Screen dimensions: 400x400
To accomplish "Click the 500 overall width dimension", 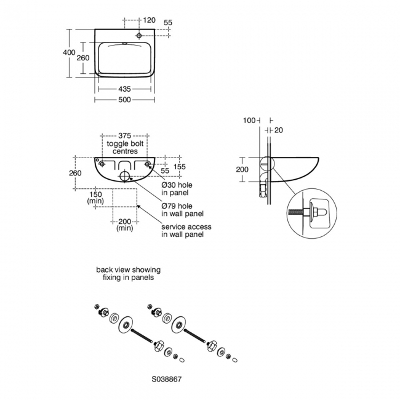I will (x=125, y=100).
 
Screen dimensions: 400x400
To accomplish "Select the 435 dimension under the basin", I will (x=125, y=89).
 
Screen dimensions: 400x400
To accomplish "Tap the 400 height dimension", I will (x=69, y=52).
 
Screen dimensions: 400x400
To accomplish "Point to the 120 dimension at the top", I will (x=149, y=20).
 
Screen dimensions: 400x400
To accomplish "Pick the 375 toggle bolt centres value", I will (x=125, y=136).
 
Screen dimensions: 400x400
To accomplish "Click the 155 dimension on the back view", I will (x=180, y=166).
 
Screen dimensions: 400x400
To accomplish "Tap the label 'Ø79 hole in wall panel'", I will (x=182, y=210).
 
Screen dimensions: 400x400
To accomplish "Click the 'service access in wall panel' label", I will (x=186, y=231).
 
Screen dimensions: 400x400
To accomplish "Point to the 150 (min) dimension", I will (x=95, y=197).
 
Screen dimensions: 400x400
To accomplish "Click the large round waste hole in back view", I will (x=125, y=177).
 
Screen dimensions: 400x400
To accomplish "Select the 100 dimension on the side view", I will (x=248, y=121).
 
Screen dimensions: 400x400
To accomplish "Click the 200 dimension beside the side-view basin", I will (x=242, y=169).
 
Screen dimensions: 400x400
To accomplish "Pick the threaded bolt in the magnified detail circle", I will (x=297, y=212).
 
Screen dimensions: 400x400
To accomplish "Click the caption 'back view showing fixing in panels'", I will (x=128, y=274).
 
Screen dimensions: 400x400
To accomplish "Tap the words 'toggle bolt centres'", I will (x=125, y=147).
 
